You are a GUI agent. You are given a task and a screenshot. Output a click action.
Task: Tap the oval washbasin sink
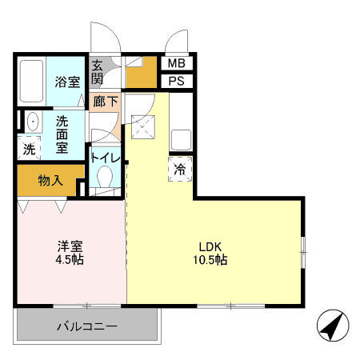tap(31, 122)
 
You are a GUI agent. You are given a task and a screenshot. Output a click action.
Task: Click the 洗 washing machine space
tap(29, 148)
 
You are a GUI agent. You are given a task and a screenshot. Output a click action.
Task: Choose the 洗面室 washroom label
tap(62, 134)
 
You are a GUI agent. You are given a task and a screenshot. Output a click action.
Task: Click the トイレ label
tap(105, 158)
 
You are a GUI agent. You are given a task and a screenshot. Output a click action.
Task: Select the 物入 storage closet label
tap(50, 180)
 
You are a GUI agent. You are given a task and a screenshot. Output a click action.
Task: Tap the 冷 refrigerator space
tap(180, 169)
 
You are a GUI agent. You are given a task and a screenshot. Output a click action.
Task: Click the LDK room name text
tap(212, 246)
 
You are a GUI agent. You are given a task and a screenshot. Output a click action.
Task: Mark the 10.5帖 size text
tap(212, 261)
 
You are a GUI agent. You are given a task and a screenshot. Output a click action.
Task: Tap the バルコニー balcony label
tap(87, 326)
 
